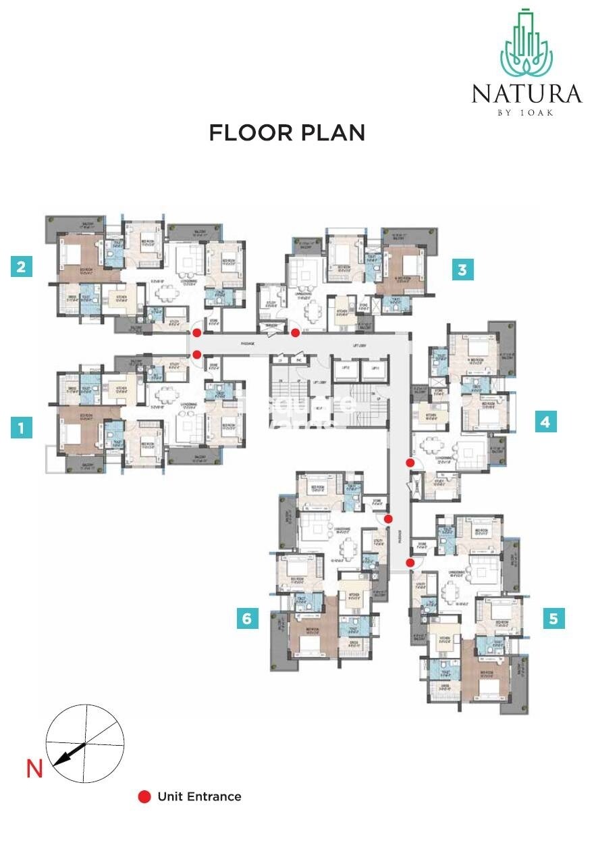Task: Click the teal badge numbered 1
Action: coord(22,428)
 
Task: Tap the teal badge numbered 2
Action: coord(22,267)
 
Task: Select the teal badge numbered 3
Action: coord(462,270)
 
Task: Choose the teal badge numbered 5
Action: coord(553,618)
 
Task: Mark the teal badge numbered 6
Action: coord(248,618)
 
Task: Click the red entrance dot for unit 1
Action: coord(196,354)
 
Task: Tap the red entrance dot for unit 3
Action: coord(295,333)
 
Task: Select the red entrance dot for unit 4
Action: coord(410,463)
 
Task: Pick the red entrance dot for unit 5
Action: coord(410,562)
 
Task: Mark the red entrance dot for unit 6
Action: coord(388,519)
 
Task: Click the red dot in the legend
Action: coord(144,797)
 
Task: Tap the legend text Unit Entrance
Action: coord(199,797)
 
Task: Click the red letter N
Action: coord(34,769)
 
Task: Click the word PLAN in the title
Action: coord(330,132)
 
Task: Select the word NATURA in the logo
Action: coord(526,93)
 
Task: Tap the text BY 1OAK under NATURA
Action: coord(526,112)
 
